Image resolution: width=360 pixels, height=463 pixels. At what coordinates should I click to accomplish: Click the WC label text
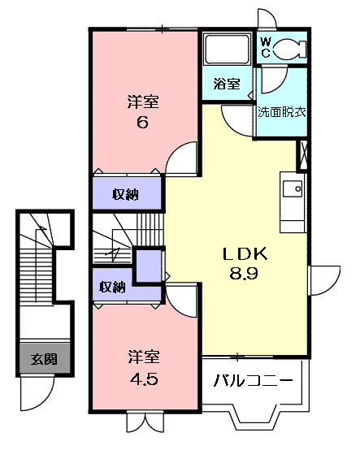point(266,47)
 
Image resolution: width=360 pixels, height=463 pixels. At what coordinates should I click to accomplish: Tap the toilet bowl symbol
point(291,49)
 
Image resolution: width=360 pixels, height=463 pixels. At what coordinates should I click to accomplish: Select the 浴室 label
point(227,84)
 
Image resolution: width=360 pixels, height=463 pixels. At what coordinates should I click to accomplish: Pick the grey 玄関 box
point(43,357)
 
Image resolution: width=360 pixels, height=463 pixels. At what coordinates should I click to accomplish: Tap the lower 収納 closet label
point(112,287)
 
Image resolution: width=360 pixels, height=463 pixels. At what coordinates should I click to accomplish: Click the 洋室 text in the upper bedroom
point(142,103)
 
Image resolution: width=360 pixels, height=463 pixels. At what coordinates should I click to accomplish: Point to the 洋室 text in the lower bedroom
point(142,356)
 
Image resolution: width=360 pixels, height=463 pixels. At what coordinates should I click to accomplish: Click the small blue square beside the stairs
point(149,267)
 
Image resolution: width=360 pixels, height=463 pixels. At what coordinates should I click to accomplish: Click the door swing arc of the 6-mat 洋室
point(180,156)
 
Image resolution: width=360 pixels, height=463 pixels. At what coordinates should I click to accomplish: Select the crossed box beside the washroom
point(304,154)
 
